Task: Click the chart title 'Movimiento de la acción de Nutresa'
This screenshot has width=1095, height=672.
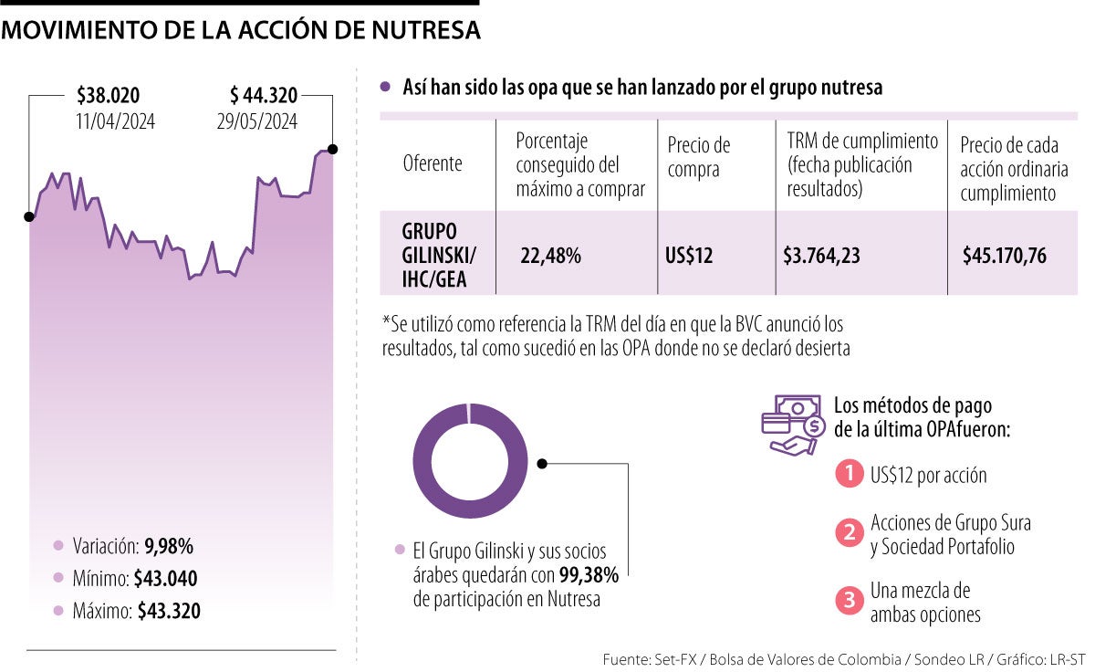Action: tap(241, 30)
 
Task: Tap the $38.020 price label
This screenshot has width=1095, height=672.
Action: tap(109, 95)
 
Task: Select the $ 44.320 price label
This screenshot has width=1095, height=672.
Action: tap(264, 95)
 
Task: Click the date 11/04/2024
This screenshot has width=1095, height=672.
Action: tap(116, 121)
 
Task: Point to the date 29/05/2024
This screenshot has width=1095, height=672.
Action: tap(257, 121)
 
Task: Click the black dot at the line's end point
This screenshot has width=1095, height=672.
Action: tap(333, 149)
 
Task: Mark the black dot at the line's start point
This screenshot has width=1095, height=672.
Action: tap(29, 216)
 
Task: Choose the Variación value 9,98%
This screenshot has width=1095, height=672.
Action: tap(169, 546)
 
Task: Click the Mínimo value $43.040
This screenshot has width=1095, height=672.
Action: tap(165, 578)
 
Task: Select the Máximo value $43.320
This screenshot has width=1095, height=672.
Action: tap(169, 611)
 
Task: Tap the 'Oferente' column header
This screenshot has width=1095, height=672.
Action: tap(433, 163)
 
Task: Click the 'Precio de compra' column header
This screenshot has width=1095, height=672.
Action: tap(699, 157)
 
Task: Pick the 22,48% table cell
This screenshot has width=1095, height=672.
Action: tap(550, 256)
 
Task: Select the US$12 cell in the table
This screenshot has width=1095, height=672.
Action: tap(689, 256)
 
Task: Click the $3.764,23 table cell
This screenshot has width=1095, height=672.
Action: tap(821, 256)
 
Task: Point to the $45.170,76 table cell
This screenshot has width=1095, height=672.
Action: tap(1005, 256)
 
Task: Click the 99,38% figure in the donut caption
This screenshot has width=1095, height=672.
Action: tap(589, 575)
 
